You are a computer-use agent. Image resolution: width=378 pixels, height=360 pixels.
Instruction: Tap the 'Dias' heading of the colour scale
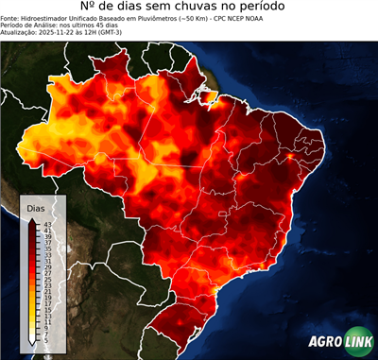coord(36,207)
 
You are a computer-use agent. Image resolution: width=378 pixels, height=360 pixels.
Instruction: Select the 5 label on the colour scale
coord(45,337)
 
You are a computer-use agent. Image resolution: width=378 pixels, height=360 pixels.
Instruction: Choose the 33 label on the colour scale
coord(46,253)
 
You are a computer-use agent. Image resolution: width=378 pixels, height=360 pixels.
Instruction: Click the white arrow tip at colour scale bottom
coord(32,340)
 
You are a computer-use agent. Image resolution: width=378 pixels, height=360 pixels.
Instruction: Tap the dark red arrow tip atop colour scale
coord(32,219)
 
